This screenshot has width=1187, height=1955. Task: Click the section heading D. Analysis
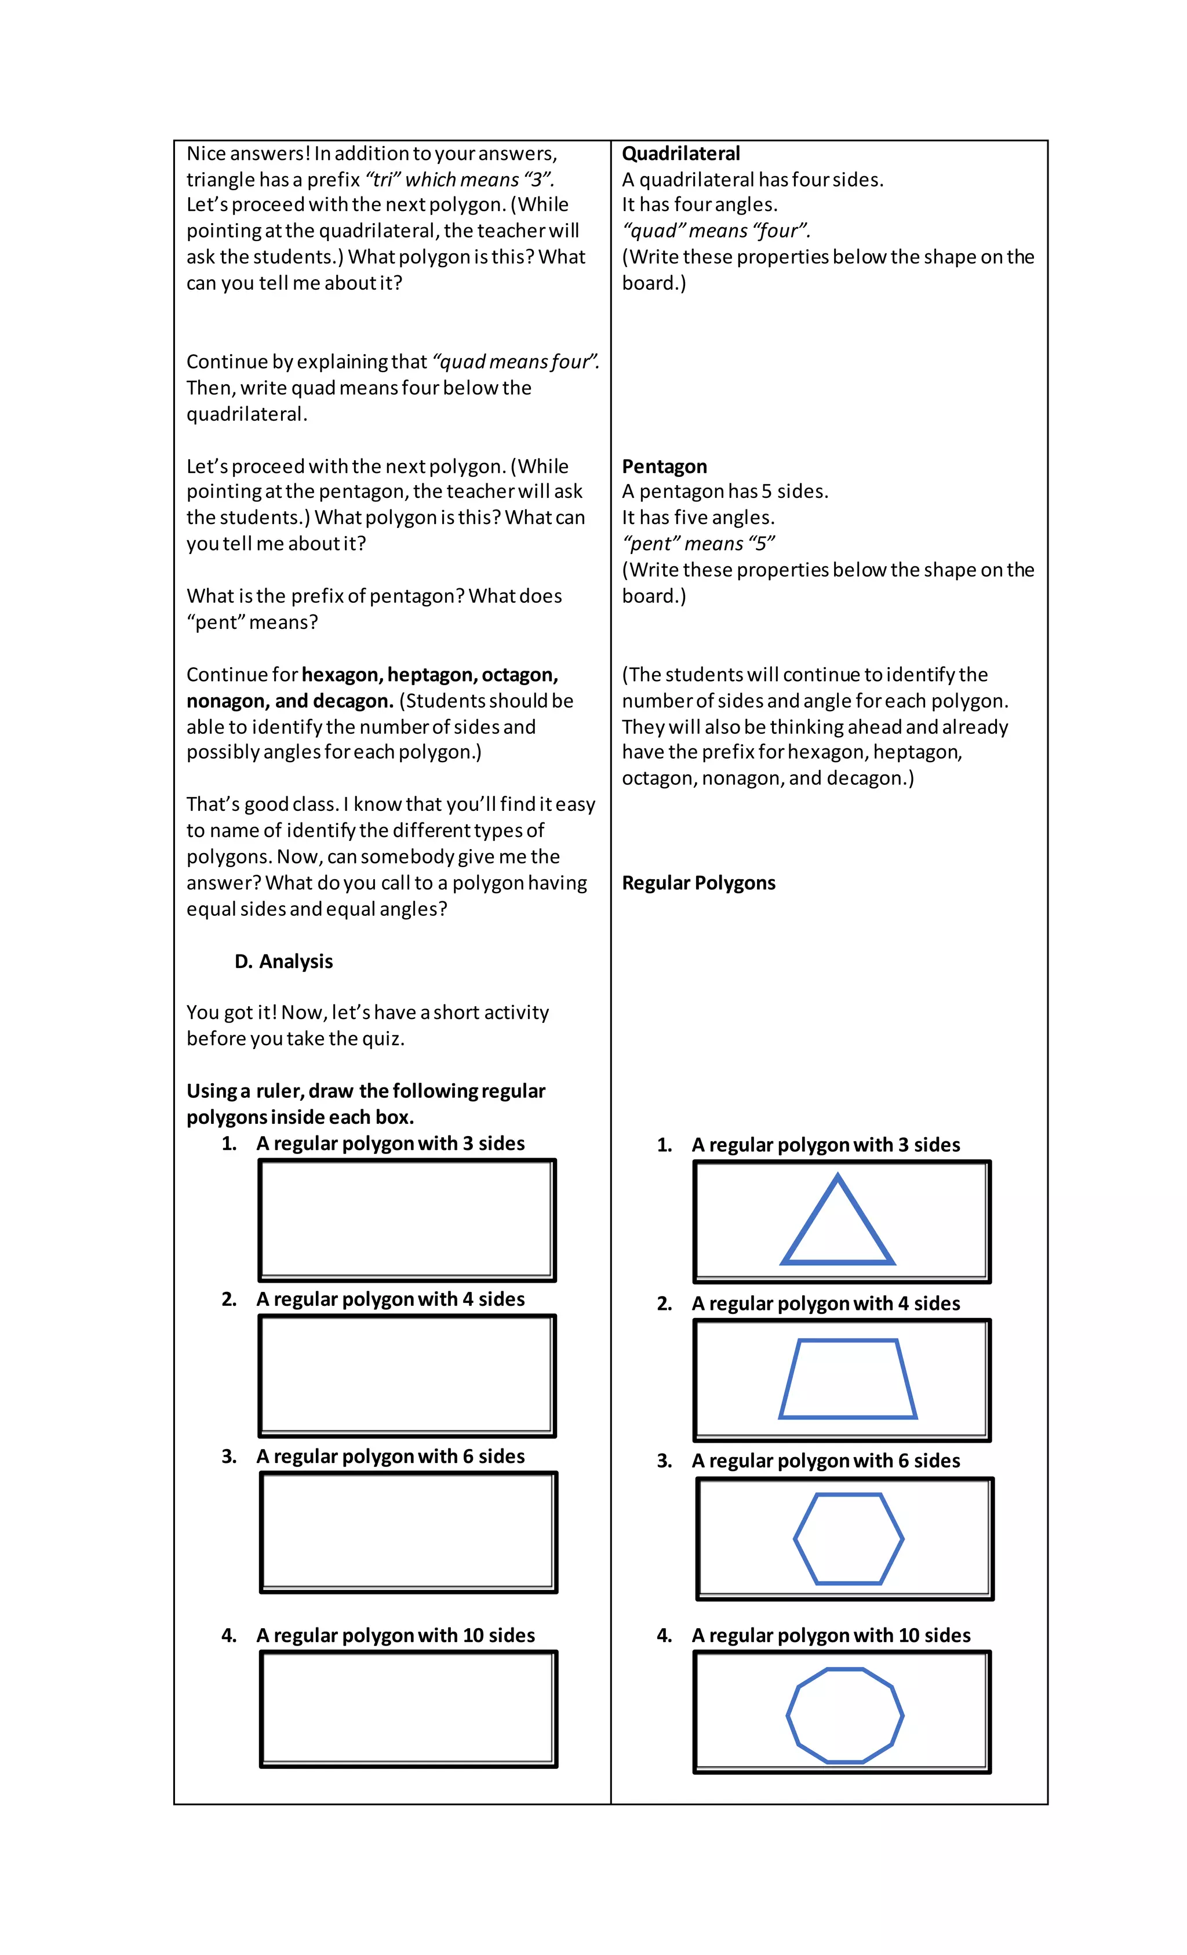pyautogui.click(x=283, y=962)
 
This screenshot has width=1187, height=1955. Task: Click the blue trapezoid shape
pyautogui.click(x=847, y=1380)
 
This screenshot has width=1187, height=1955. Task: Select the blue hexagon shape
pyautogui.click(x=847, y=1539)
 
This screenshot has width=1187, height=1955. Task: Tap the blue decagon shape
pyautogui.click(x=844, y=1716)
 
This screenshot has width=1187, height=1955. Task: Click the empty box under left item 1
pyautogui.click(x=406, y=1219)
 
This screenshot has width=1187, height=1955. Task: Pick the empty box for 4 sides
pyautogui.click(x=406, y=1375)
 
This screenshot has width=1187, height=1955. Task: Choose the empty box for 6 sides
pyautogui.click(x=408, y=1532)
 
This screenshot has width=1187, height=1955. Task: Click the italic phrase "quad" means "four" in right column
pyautogui.click(x=716, y=231)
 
